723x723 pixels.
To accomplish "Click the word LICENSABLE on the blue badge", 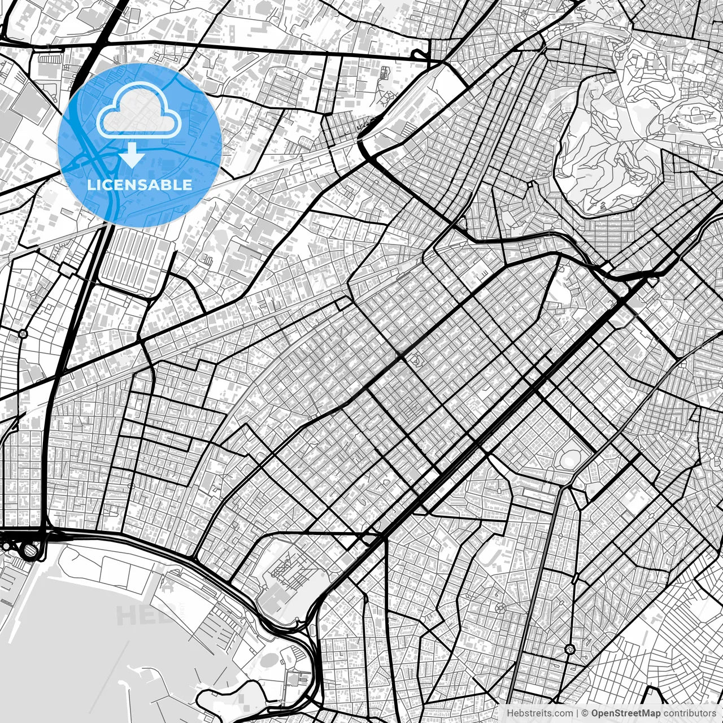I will pos(140,185).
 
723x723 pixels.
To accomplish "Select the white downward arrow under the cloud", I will pos(132,155).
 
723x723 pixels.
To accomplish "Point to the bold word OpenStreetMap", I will pos(626,713).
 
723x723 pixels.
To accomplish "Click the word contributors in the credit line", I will pos(689,713).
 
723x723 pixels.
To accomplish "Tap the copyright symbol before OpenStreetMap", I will pos(585,713).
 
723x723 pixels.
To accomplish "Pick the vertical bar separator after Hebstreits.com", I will pos(577,713).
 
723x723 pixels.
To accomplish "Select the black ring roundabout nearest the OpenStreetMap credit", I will pos(569,649).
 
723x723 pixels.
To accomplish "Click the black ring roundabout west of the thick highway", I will pos(23,334).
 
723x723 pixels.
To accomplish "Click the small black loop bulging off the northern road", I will pos(419,54).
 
